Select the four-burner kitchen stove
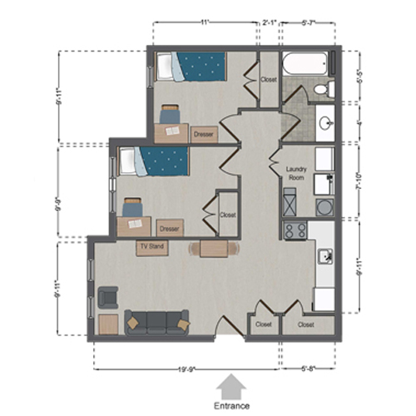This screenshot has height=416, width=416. tap(295, 230)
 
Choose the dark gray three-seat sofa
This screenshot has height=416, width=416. tap(156, 322)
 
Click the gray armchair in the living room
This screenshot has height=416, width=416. tap(107, 296)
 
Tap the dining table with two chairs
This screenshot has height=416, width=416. tap(214, 249)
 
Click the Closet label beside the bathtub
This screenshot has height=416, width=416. tap(268, 80)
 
